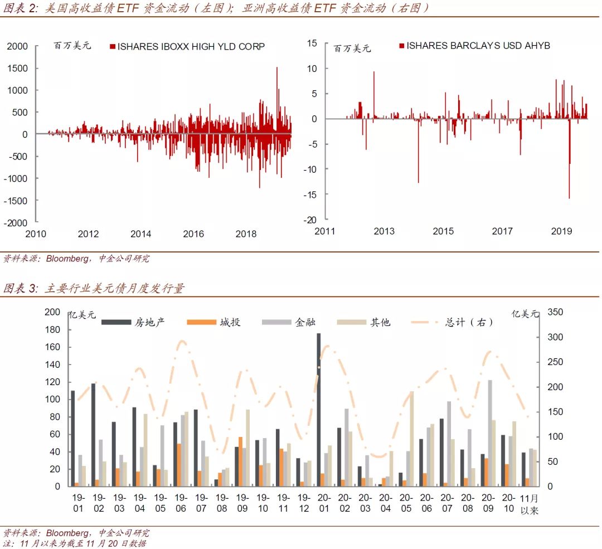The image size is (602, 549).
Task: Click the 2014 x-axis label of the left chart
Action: point(141,234)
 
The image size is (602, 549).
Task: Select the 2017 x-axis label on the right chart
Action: point(502,231)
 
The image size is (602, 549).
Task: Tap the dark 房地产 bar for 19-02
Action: point(93,435)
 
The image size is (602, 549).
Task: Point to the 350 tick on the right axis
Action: point(555,312)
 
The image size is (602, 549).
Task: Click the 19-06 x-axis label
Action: point(180,503)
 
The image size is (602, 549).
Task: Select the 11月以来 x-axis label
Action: point(530,503)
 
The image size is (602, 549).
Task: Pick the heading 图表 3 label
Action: point(20,288)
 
